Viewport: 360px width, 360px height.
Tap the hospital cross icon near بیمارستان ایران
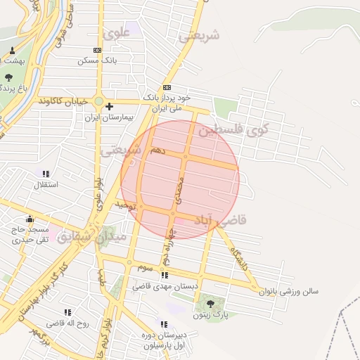(x=109, y=106)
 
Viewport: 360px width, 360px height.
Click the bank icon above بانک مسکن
(x=97, y=50)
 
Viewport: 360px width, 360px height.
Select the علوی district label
(x=116, y=32)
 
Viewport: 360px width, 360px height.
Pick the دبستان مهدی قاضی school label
(x=165, y=287)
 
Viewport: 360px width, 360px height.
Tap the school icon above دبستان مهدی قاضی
(x=165, y=275)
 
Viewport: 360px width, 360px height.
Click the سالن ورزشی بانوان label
(x=290, y=290)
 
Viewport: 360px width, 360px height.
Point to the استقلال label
(x=46, y=185)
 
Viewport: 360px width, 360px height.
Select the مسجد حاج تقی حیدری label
(x=30, y=235)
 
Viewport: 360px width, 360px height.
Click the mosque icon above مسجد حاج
(x=29, y=219)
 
